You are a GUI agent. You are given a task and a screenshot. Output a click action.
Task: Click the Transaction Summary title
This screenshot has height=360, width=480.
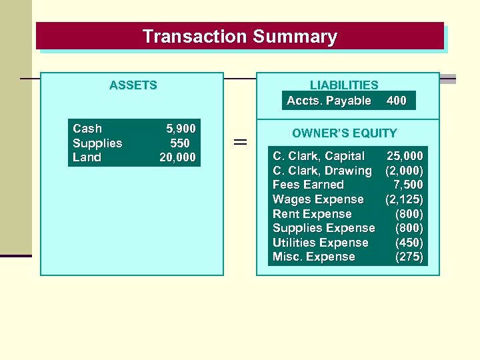(x=240, y=36)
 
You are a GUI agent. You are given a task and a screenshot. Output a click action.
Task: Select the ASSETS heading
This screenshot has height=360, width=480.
(x=133, y=85)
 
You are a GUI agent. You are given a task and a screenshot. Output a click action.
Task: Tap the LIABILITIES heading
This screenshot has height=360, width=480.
(x=344, y=85)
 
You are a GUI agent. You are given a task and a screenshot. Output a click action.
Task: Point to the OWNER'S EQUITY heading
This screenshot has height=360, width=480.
(x=344, y=133)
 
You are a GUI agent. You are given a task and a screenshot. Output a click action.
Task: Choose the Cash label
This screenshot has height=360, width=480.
(x=87, y=129)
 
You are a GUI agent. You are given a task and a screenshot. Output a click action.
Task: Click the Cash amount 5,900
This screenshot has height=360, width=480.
(x=181, y=129)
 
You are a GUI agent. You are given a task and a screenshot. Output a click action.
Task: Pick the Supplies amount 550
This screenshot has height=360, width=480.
(x=180, y=143)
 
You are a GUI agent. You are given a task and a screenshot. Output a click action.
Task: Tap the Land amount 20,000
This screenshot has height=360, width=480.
(x=177, y=157)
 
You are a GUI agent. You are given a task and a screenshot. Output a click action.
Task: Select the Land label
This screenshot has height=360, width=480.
(x=87, y=157)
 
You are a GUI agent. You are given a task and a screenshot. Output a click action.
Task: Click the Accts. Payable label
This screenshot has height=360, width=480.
(x=329, y=101)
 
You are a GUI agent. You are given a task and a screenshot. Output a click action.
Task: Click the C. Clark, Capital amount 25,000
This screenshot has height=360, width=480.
(x=405, y=156)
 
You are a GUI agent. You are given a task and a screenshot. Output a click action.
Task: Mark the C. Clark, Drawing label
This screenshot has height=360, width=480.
(x=322, y=171)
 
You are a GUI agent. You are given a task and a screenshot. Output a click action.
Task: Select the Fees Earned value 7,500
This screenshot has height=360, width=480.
(x=409, y=185)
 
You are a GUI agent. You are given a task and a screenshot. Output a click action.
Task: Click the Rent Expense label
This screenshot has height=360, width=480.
(x=312, y=214)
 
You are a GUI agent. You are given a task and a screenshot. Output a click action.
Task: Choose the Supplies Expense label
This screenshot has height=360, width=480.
(x=323, y=228)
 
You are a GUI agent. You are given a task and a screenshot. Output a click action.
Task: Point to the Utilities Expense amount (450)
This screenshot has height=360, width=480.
(x=409, y=243)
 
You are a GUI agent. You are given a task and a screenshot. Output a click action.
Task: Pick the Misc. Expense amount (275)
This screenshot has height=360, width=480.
(x=409, y=257)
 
